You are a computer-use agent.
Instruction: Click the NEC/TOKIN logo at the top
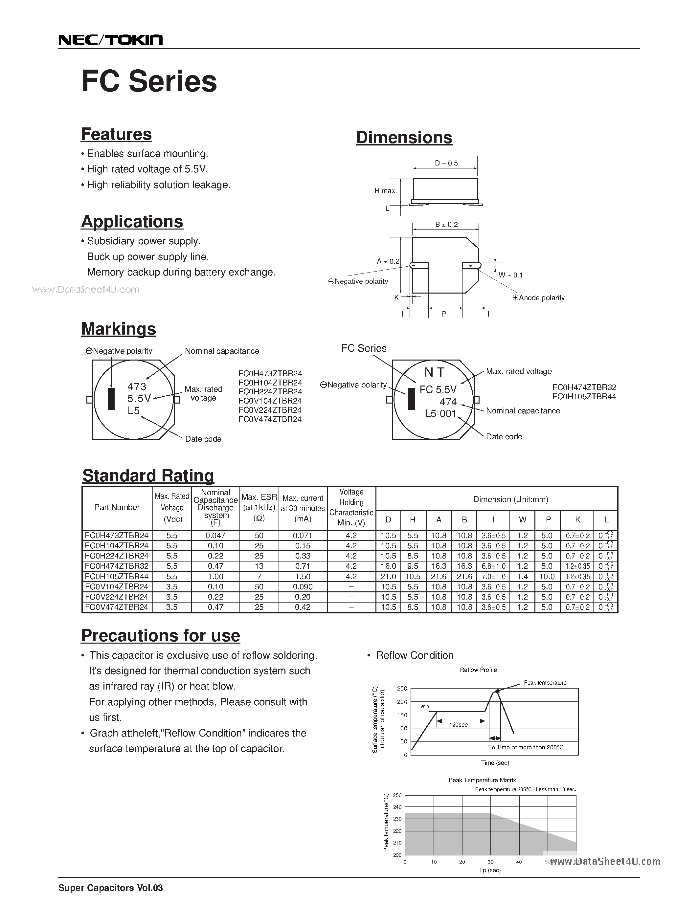click(110, 40)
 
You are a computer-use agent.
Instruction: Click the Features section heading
click(116, 134)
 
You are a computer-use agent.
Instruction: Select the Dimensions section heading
click(404, 138)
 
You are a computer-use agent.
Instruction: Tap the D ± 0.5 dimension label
click(446, 163)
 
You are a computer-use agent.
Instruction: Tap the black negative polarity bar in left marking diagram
click(111, 399)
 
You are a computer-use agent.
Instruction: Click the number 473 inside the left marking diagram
click(137, 386)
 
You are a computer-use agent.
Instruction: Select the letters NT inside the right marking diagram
click(434, 373)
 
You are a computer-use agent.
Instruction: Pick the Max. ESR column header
click(259, 502)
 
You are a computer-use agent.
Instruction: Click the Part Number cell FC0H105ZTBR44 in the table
click(117, 576)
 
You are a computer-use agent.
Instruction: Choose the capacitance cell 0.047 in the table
click(215, 536)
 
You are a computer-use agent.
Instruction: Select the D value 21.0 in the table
click(388, 576)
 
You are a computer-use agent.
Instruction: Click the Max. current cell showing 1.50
click(303, 576)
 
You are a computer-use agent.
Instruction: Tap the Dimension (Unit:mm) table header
click(510, 499)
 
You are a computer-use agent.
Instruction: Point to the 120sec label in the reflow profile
click(458, 725)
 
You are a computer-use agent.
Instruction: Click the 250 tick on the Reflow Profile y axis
click(402, 688)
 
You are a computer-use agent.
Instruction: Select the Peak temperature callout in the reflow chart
click(545, 683)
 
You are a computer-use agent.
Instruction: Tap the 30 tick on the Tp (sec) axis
click(490, 862)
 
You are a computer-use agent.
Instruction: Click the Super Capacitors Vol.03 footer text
click(111, 888)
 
